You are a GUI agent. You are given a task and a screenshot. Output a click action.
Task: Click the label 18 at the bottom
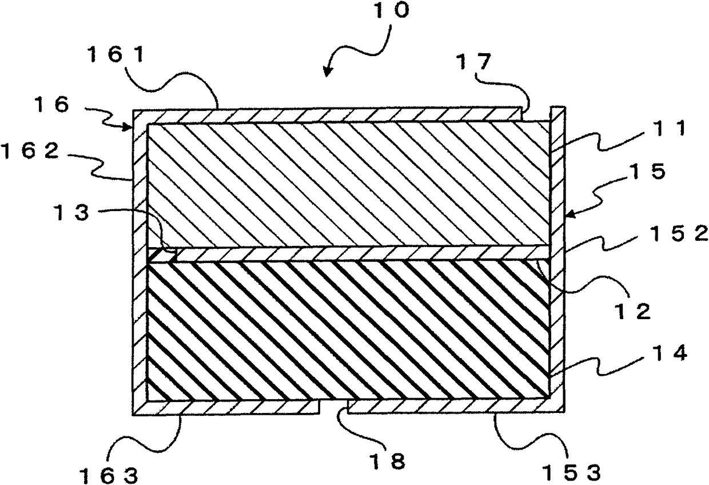pyautogui.click(x=394, y=462)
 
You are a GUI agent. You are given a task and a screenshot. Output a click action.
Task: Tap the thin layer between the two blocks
pyautogui.click(x=349, y=254)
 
